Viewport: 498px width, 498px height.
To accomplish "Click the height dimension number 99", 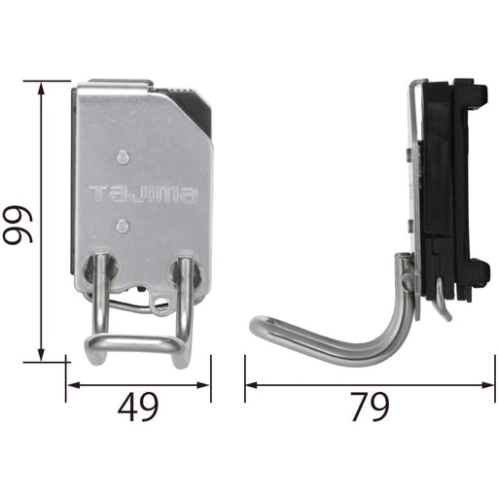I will pyautogui.click(x=18, y=221).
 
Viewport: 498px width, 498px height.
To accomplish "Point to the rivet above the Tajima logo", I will pyautogui.click(x=120, y=156).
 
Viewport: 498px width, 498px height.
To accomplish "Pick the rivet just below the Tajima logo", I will pyautogui.click(x=120, y=226).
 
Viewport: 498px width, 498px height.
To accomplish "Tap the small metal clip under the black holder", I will pyautogui.click(x=443, y=303).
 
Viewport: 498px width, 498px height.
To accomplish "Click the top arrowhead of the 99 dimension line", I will pyautogui.click(x=41, y=87).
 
